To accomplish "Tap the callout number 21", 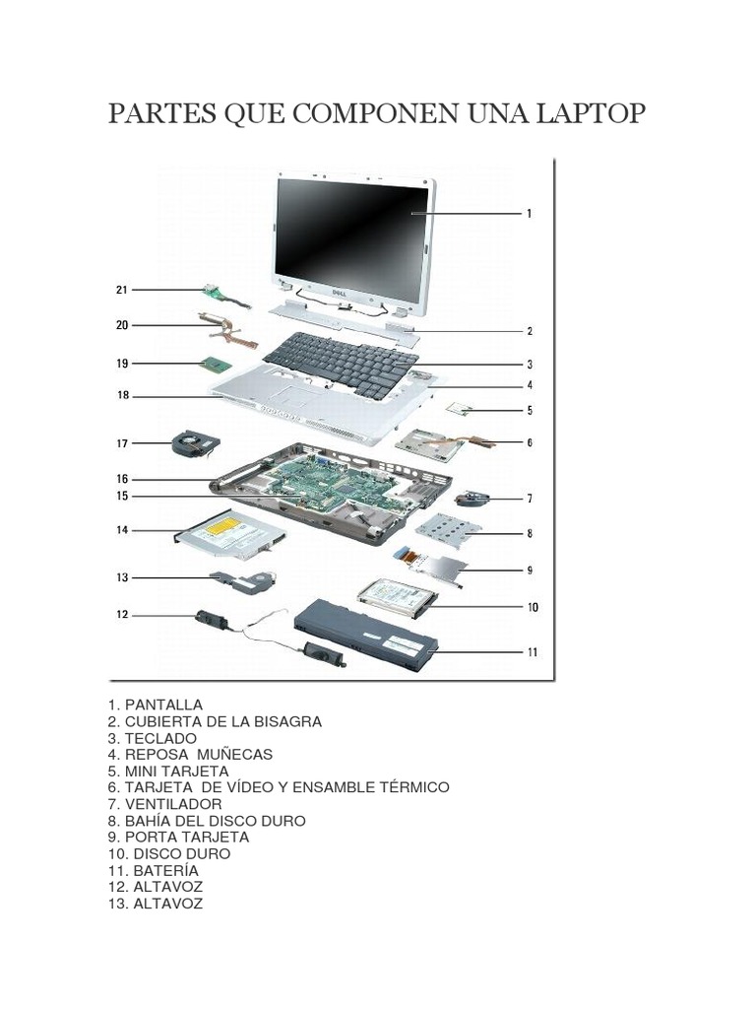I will [x=122, y=290].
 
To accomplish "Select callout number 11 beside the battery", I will [x=532, y=651].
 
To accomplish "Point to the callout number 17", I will [x=122, y=443].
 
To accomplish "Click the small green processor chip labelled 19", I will [x=216, y=366].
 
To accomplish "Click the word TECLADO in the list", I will [x=160, y=738].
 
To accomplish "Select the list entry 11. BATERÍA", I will [x=154, y=871].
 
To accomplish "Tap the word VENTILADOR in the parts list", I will [x=173, y=804].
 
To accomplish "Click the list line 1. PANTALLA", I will [x=156, y=705].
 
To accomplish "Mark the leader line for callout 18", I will [x=167, y=397].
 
